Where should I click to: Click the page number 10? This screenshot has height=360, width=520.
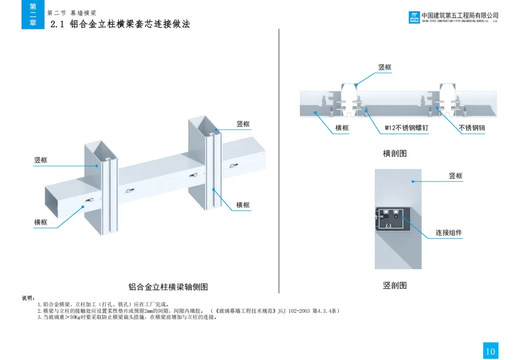[x=490, y=351]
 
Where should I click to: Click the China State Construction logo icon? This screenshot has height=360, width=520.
[x=414, y=17]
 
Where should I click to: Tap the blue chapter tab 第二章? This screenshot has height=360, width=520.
[x=33, y=14]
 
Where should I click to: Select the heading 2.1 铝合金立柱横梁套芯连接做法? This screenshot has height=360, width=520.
[x=120, y=24]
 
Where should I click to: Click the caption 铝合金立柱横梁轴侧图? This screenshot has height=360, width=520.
[x=168, y=287]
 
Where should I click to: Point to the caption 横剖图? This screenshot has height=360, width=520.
[x=395, y=154]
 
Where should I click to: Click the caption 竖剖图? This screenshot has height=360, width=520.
[x=395, y=285]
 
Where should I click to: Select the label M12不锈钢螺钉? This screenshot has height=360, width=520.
[x=406, y=129]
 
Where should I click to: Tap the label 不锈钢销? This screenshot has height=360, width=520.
[x=472, y=129]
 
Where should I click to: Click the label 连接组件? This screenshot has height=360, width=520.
[x=449, y=233]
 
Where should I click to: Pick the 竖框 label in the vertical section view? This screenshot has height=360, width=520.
[x=455, y=176]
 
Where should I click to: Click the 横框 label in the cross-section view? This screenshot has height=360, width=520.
[x=342, y=129]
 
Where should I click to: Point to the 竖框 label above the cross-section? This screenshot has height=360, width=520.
[x=385, y=67]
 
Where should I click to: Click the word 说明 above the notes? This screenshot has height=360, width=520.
[x=28, y=298]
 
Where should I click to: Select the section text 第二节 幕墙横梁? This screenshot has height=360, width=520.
[x=72, y=13]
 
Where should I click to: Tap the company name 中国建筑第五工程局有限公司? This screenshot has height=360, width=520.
[x=460, y=15]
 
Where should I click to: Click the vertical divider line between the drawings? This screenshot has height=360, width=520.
[x=279, y=159]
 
